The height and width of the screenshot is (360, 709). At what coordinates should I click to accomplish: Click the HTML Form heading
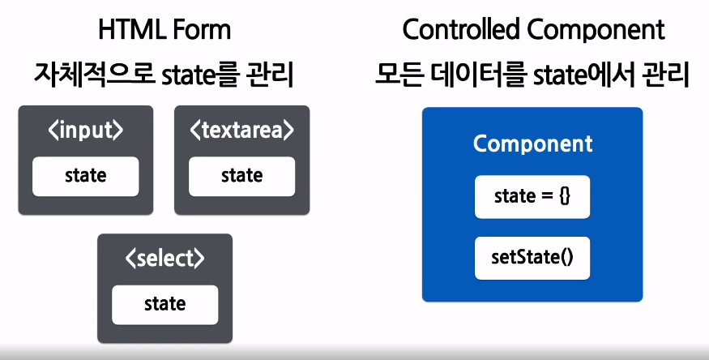click(x=164, y=30)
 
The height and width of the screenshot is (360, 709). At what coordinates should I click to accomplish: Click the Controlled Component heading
click(x=533, y=30)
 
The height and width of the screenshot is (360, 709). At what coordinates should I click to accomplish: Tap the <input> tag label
click(x=85, y=131)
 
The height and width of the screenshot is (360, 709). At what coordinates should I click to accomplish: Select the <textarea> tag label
click(x=242, y=131)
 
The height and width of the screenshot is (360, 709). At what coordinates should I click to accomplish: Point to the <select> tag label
click(x=165, y=259)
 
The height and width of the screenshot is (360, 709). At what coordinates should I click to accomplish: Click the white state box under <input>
click(x=85, y=177)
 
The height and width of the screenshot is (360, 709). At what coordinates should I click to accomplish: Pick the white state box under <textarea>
click(x=242, y=177)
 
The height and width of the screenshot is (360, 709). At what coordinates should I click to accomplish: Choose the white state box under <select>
click(x=165, y=305)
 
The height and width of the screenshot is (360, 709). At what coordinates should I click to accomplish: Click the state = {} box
click(x=532, y=197)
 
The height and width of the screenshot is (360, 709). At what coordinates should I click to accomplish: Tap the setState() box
click(x=532, y=258)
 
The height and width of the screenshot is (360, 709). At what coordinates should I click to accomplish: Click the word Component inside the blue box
click(x=532, y=144)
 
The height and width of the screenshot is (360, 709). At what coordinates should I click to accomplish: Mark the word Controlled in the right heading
click(x=462, y=30)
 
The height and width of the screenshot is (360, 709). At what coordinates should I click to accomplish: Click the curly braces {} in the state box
click(x=565, y=197)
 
